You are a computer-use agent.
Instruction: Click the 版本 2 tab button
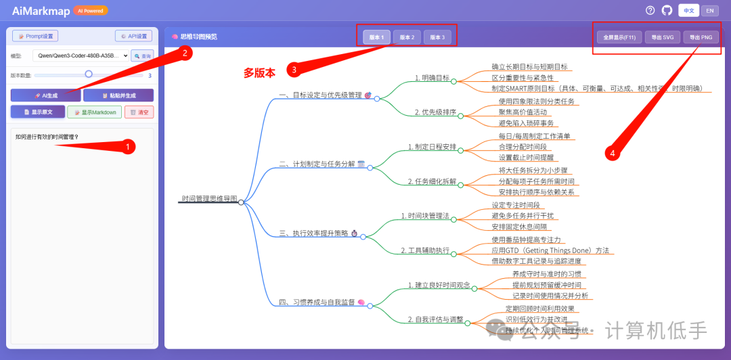(x=407, y=37)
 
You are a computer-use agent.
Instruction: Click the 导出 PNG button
(x=701, y=37)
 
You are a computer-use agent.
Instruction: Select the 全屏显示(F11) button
(x=618, y=37)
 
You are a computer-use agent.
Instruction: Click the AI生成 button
(x=45, y=95)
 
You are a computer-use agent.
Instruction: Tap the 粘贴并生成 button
(x=118, y=95)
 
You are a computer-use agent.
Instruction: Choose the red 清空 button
(x=139, y=112)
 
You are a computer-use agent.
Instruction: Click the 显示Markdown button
(x=94, y=112)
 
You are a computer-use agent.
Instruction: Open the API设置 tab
(x=133, y=36)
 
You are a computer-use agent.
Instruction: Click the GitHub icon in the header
(x=667, y=10)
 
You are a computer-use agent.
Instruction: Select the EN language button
(x=709, y=10)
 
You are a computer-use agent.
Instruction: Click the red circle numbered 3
(x=293, y=69)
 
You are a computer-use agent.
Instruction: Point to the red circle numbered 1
(x=127, y=145)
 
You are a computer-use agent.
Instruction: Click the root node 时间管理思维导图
(x=209, y=199)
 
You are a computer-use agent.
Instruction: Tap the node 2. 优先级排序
(x=435, y=112)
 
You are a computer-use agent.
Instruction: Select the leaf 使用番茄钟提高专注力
(x=527, y=240)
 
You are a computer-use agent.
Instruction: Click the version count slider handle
(x=89, y=74)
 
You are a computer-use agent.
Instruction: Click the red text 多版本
(x=260, y=73)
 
